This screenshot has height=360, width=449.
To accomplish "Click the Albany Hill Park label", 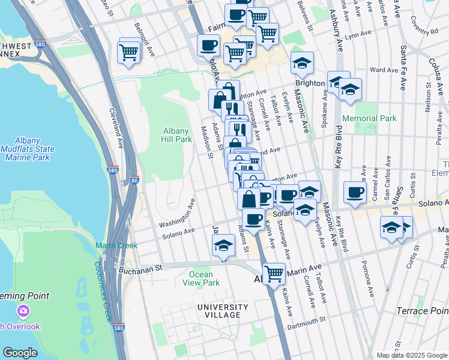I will [177, 135].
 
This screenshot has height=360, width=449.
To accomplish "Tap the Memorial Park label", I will [369, 119].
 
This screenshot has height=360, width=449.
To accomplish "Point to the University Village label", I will [223, 311].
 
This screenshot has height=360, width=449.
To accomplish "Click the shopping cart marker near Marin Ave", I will [274, 274].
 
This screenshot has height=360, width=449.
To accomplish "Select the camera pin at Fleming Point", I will [23, 311].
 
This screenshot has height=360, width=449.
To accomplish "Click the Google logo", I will [20, 353].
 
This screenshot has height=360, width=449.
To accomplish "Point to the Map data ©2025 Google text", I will [411, 355].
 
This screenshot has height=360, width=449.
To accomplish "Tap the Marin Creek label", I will [116, 245].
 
